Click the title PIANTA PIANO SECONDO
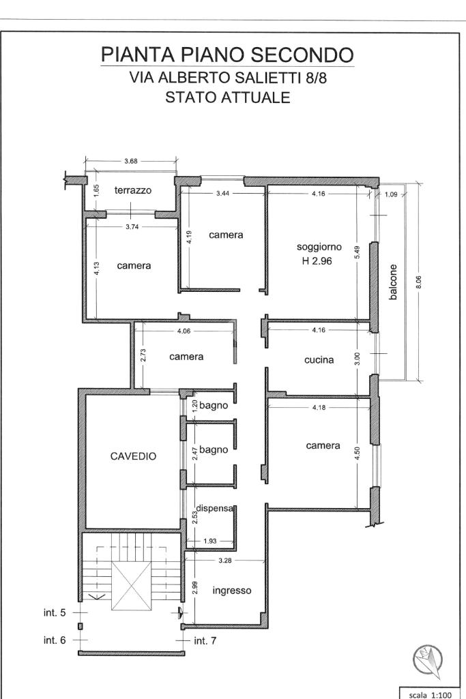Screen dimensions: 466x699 [227, 55]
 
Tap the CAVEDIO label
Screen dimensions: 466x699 [133, 456]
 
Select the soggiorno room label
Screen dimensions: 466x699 [319, 247]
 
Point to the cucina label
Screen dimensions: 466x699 [319, 360]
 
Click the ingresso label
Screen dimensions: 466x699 [232, 591]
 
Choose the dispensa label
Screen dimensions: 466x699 [215, 508]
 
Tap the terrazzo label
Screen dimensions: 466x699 [133, 190]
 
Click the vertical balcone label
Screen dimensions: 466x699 [393, 282]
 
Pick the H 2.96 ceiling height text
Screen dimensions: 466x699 [317, 261]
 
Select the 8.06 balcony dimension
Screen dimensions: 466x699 [418, 282]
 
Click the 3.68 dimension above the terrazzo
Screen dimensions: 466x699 [131, 162]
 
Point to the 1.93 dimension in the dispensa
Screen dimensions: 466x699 [209, 541]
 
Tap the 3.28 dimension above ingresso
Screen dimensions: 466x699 [225, 561]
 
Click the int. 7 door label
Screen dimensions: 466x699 [205, 640]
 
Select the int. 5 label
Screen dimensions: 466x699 [55, 612]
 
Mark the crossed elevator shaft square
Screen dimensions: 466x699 [131, 586]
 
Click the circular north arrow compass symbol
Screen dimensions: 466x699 [428, 659]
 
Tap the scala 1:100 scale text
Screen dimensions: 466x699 [431, 694]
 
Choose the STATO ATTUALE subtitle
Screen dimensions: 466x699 [227, 98]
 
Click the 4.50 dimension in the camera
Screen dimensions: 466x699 [358, 453]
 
